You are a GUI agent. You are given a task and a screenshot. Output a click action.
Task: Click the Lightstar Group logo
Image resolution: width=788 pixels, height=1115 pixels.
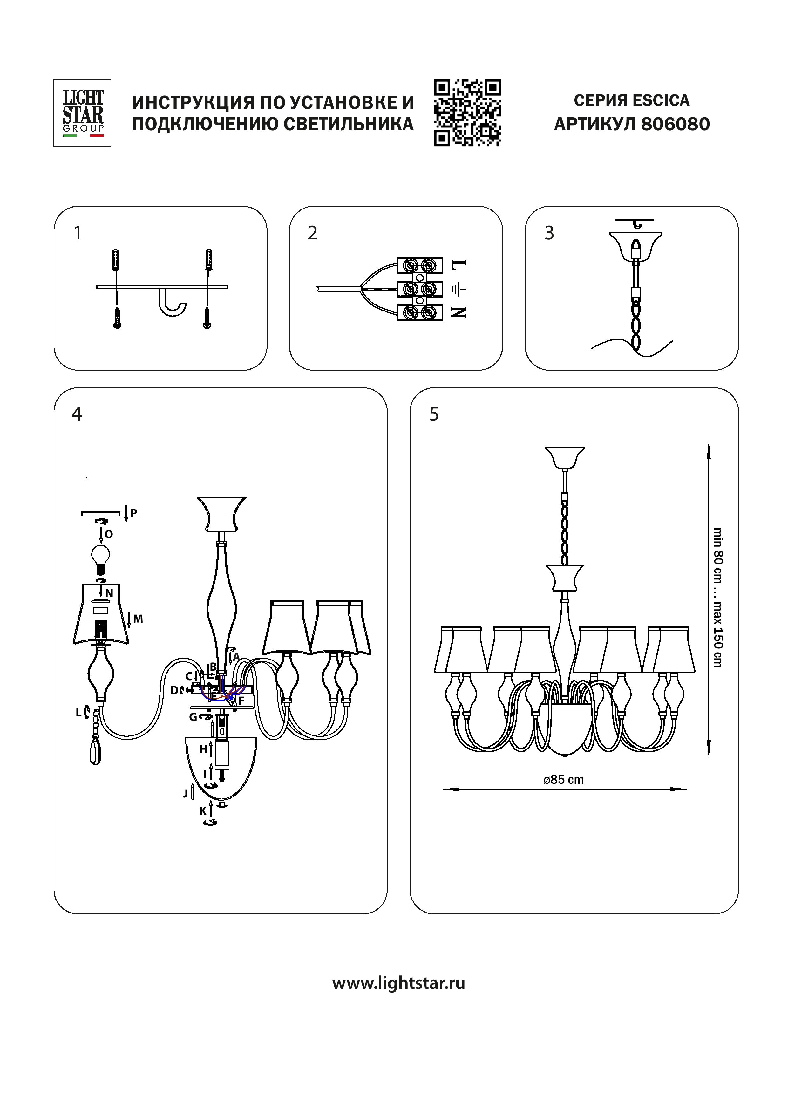[x=82, y=113]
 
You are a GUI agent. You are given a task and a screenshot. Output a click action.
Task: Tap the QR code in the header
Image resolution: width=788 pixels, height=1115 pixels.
[x=467, y=113]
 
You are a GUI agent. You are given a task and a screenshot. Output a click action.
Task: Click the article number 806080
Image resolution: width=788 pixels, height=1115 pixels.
[x=675, y=124]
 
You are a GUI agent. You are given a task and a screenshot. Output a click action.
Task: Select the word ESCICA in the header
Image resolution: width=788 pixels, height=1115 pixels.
[x=661, y=100]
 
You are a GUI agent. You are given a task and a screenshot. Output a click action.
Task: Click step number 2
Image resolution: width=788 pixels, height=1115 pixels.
[x=313, y=233]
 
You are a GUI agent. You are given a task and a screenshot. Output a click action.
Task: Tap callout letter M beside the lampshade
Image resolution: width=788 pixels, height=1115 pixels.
[x=138, y=619]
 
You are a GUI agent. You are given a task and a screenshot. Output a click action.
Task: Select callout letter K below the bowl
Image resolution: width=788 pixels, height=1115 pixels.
[x=203, y=811]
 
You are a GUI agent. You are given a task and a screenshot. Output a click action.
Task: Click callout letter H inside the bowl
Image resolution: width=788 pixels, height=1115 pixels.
[x=203, y=750]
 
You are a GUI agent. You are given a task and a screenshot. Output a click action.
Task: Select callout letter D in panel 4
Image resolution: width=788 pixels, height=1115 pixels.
[x=174, y=690]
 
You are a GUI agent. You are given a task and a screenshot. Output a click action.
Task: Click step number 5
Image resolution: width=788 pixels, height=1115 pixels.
[x=434, y=414]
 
